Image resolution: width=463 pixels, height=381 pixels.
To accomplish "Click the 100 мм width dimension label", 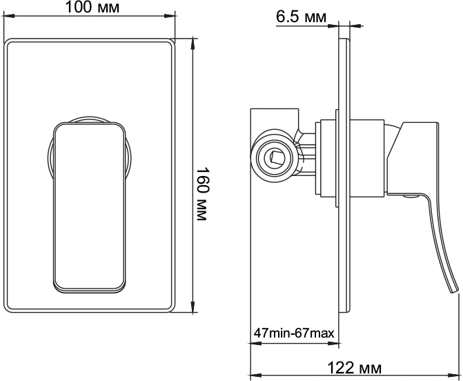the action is pyautogui.click(x=92, y=7).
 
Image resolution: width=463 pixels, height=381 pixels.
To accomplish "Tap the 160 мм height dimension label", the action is pyautogui.click(x=202, y=195).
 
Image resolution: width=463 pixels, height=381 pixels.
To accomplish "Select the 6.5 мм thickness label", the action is pyautogui.click(x=301, y=17).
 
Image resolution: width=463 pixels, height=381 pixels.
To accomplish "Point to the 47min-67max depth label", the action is pyautogui.click(x=294, y=333).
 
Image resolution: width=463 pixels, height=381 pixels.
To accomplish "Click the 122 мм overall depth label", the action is pyautogui.click(x=355, y=368).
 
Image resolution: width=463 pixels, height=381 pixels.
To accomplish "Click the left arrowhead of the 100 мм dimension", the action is pyautogui.click(x=8, y=15).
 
